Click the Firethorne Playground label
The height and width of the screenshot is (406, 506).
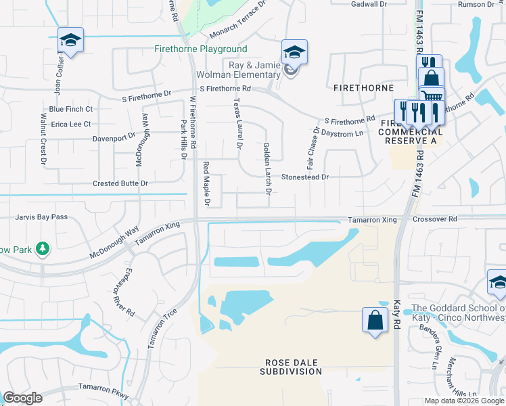point(200,49)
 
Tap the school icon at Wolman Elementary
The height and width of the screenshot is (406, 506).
point(294,52)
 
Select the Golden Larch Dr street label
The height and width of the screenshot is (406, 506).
point(267,169)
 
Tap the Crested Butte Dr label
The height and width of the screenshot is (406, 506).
point(120,183)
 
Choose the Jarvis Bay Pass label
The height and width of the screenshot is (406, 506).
point(42,217)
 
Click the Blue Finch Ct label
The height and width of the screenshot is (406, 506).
point(71,109)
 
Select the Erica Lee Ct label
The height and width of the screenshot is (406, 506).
point(70,125)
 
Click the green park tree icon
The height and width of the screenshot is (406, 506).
point(43,249)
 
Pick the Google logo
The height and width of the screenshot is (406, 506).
point(22,398)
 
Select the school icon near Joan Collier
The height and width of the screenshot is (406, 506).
point(70,39)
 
